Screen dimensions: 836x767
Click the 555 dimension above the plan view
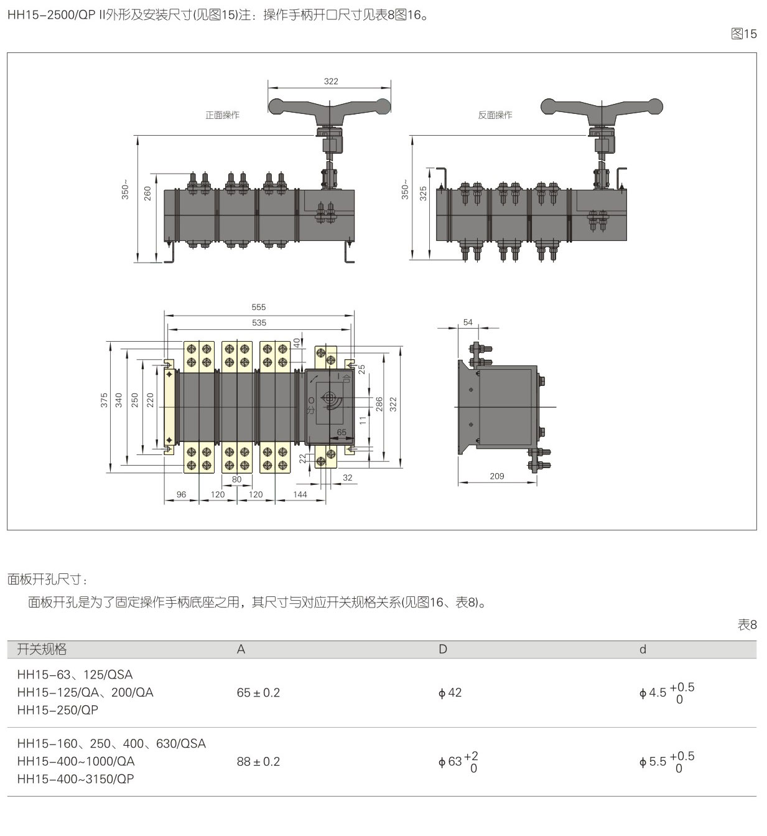click(x=259, y=307)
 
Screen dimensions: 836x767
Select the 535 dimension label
click(x=259, y=322)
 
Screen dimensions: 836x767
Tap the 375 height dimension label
click(x=105, y=400)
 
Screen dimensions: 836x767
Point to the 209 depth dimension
click(x=496, y=476)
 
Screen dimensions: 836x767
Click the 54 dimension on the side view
click(x=468, y=322)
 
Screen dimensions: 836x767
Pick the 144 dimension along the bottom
click(x=300, y=494)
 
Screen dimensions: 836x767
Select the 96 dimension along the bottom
click(x=181, y=494)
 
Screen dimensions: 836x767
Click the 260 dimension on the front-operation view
click(x=147, y=194)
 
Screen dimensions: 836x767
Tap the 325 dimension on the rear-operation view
click(x=424, y=194)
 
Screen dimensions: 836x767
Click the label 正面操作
click(x=222, y=115)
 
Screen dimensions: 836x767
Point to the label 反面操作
click(x=495, y=115)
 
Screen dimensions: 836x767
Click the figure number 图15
click(x=744, y=34)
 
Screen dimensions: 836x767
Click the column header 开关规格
click(x=42, y=649)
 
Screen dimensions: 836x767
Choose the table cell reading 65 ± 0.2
click(x=258, y=693)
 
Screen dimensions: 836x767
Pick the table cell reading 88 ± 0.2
click(x=258, y=762)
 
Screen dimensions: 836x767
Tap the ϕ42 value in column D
click(x=450, y=693)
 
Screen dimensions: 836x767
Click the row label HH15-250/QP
click(x=58, y=710)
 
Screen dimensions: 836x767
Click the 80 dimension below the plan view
click(x=236, y=479)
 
